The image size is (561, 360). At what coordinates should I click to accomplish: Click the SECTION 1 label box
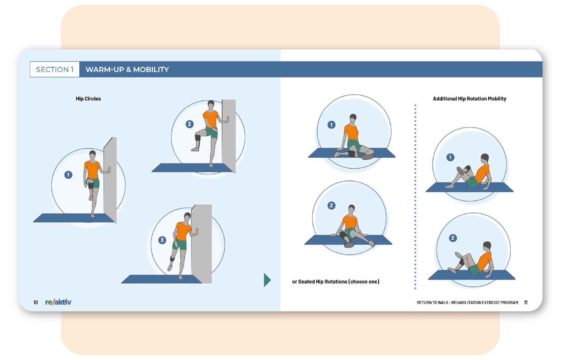[x=55, y=69]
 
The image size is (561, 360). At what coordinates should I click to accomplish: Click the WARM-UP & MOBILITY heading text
[x=127, y=70]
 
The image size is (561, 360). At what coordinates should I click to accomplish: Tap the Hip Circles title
[x=88, y=99]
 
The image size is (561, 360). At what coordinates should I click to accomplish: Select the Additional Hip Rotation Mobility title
[x=469, y=99]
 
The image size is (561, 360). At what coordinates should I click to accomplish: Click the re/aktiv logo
[x=58, y=302]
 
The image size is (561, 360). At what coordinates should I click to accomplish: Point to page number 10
[x=36, y=302]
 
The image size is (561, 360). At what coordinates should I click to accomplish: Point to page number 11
[x=526, y=302]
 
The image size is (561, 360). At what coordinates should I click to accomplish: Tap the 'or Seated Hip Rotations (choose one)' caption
[x=336, y=282]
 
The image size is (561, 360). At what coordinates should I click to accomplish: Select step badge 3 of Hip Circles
[x=162, y=240]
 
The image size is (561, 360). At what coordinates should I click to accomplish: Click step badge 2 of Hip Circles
[x=189, y=124]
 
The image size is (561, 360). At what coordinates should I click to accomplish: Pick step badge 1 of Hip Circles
[x=68, y=175]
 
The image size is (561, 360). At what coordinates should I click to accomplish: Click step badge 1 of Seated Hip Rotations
[x=331, y=125]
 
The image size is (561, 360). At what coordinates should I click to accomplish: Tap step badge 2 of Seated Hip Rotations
[x=331, y=206]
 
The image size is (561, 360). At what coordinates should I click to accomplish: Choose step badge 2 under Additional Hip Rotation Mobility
[x=453, y=238]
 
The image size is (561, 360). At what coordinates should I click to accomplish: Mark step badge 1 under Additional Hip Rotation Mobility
[x=450, y=157]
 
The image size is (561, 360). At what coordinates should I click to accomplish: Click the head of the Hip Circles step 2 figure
[x=211, y=105]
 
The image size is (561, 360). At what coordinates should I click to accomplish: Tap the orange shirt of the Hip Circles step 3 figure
[x=183, y=231]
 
